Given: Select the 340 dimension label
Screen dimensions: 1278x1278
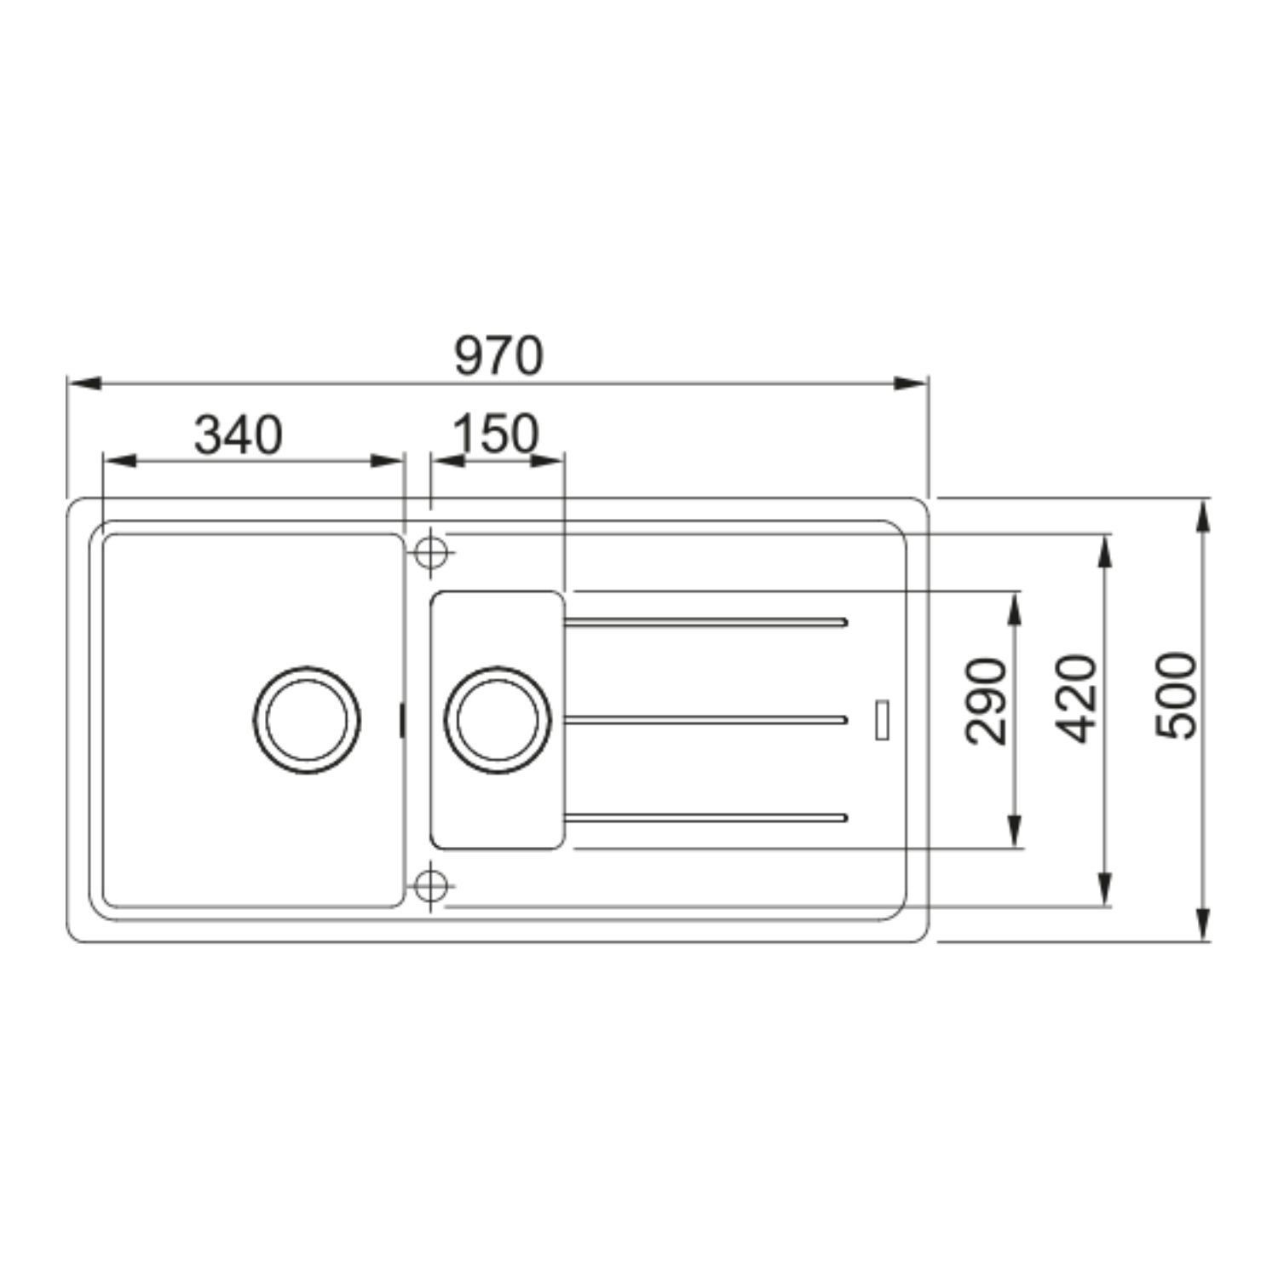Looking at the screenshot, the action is point(238,435).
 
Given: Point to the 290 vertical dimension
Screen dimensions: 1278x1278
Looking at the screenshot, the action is point(987,701).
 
